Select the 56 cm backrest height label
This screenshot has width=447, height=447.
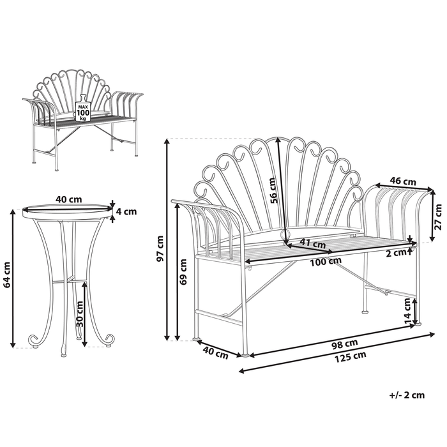[273, 189]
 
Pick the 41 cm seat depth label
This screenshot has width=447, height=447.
[313, 243]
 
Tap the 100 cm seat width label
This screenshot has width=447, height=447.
[326, 261]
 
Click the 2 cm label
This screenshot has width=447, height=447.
[397, 252]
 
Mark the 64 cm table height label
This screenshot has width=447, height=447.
[7, 275]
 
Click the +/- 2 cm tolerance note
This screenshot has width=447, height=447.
[406, 395]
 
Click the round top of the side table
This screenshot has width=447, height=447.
[64, 210]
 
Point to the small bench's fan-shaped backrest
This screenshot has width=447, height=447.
[82, 89]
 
